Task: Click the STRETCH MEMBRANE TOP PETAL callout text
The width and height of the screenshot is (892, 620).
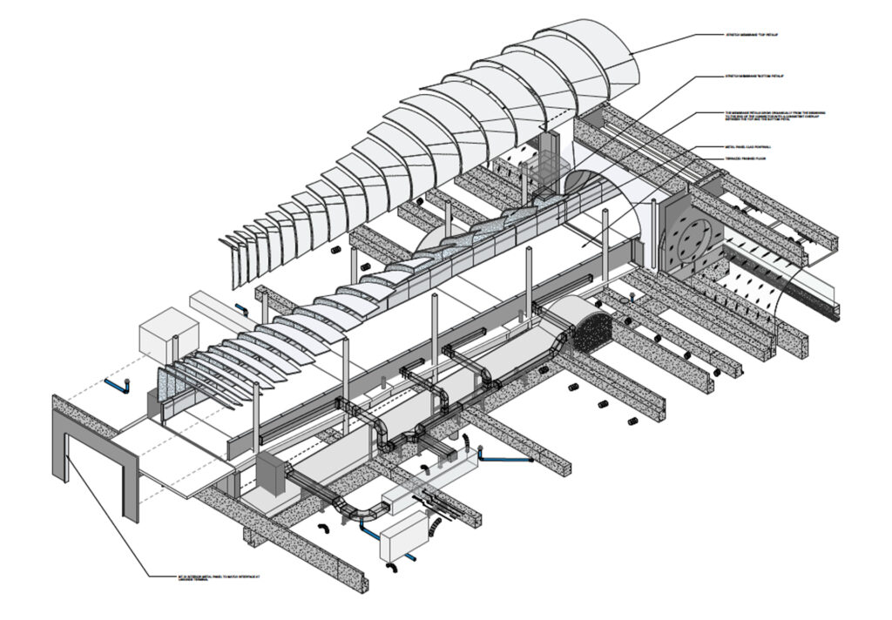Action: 753,35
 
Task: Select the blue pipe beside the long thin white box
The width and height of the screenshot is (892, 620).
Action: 242,309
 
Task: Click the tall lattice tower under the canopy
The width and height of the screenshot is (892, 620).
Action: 548,165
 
